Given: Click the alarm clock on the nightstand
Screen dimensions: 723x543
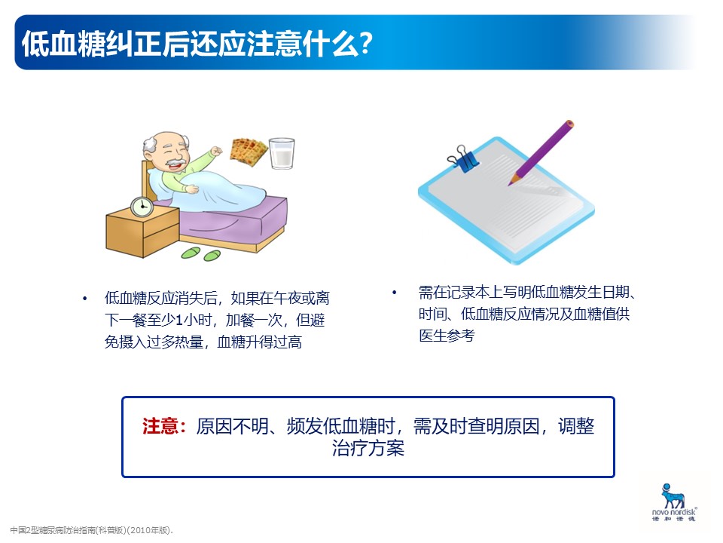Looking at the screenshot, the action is [x=142, y=207].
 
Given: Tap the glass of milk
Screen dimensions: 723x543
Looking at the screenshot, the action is [x=282, y=153].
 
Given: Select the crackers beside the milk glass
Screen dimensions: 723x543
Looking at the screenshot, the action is [x=249, y=152].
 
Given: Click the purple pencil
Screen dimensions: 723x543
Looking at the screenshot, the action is [x=541, y=153].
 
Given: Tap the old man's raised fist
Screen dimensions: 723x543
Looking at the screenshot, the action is [x=216, y=151].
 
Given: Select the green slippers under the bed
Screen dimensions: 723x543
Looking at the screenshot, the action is [x=201, y=253].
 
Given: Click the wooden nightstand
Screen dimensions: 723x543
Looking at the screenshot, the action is [x=142, y=232].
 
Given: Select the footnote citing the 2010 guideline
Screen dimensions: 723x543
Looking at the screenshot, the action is [x=91, y=530].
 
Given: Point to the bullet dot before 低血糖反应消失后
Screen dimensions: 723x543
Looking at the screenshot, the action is [x=84, y=299].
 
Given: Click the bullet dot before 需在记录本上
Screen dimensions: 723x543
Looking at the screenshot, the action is [x=394, y=293].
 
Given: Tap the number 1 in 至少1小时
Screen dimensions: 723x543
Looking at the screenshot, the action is [x=179, y=320].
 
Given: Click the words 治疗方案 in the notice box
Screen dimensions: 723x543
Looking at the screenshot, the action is [x=368, y=448].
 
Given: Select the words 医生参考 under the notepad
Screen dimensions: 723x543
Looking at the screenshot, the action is [x=447, y=335].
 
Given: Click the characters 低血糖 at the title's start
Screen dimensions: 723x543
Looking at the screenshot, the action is [x=63, y=44].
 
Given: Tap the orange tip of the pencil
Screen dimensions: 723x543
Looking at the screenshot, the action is [x=512, y=180].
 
